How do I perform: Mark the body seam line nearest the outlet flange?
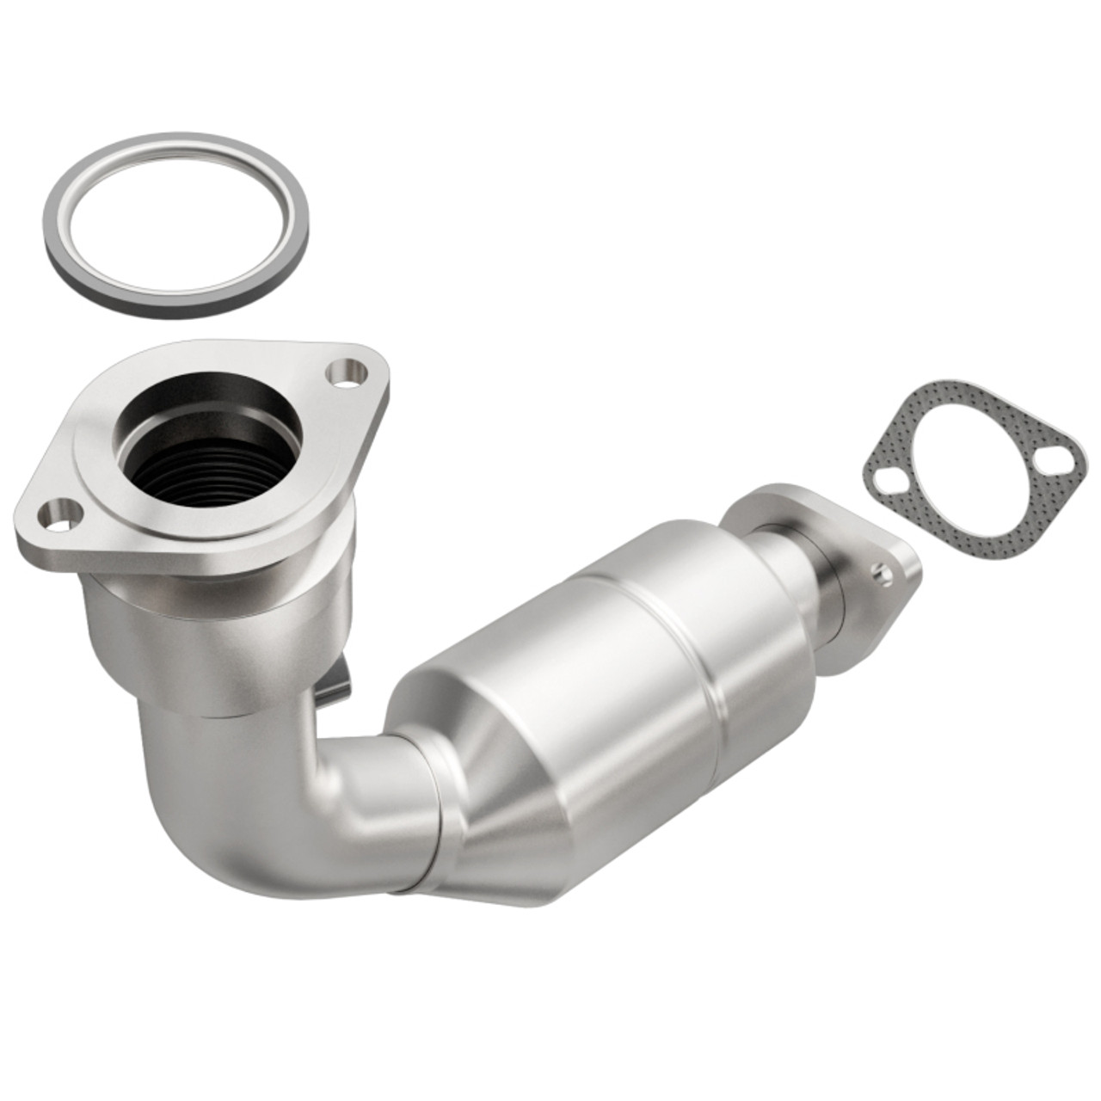(x=688, y=637)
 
